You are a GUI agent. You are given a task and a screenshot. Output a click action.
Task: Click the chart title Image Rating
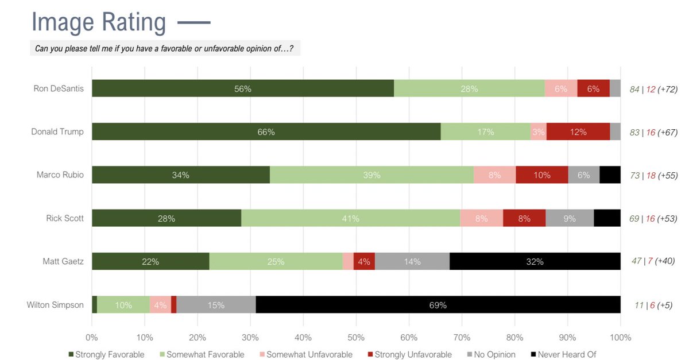(99, 22)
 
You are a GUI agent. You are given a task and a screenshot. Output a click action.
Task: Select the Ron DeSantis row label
(58, 88)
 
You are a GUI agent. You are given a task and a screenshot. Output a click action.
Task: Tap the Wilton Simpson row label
(55, 305)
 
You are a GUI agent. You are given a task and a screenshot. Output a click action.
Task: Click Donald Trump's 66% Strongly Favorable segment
(266, 132)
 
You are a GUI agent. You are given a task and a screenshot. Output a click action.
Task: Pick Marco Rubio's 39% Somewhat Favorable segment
(371, 175)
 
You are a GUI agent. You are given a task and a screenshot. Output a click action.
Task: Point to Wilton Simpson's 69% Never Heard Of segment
(438, 305)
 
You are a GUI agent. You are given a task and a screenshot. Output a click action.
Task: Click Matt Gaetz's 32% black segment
(535, 262)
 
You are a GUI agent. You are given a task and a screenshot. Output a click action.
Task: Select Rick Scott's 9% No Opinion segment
(570, 219)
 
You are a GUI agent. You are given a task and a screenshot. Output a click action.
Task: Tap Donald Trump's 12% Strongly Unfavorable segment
(578, 132)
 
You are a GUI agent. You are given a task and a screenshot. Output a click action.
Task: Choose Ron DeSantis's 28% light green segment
(469, 88)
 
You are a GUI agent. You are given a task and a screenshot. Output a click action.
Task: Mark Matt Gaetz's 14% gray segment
(412, 262)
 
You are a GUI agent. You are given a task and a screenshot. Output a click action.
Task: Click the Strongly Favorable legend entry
(106, 354)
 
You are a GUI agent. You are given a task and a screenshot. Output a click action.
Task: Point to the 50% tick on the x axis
(356, 338)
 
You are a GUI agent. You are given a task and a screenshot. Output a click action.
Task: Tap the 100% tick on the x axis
(620, 338)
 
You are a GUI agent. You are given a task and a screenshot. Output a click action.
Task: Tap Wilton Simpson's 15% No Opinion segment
(216, 305)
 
